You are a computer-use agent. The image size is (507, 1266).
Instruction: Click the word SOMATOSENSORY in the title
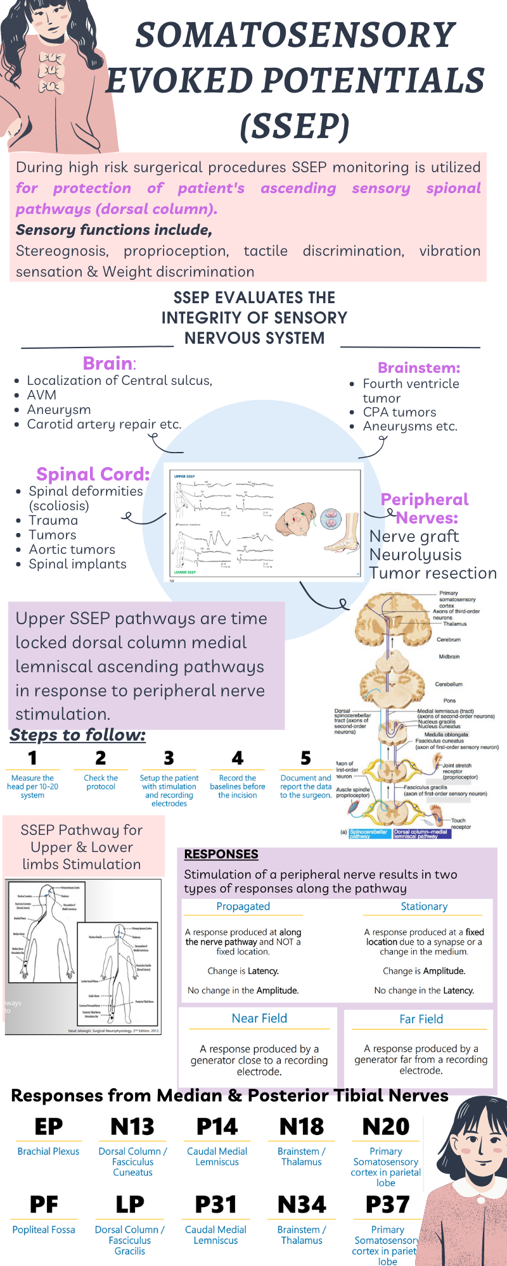click(295, 35)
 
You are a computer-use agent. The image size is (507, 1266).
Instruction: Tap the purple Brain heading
click(108, 363)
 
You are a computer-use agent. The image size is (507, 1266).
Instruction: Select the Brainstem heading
click(419, 368)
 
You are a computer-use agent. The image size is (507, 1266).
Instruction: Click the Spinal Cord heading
click(93, 474)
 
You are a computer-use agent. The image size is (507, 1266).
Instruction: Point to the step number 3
click(169, 758)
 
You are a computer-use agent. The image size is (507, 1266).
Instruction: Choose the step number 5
click(305, 758)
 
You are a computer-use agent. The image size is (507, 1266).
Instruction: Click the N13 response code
click(132, 1127)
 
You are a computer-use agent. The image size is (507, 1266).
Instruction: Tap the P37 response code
click(387, 1205)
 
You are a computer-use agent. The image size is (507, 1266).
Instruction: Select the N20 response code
click(386, 1127)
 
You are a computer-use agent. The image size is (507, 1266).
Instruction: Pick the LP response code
click(130, 1205)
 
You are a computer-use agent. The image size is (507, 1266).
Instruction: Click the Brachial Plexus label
click(49, 1151)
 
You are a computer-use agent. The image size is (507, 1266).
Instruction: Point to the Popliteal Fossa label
click(44, 1229)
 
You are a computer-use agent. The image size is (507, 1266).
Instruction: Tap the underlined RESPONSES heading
click(221, 854)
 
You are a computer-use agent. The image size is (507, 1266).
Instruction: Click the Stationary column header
click(424, 906)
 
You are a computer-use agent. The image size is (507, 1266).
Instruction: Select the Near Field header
click(259, 1018)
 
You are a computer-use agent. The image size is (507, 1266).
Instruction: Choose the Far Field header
click(421, 1019)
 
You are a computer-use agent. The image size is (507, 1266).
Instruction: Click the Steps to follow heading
click(77, 735)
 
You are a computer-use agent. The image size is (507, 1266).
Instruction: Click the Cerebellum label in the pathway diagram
click(449, 684)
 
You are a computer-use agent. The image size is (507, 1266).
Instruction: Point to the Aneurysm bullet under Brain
click(59, 410)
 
